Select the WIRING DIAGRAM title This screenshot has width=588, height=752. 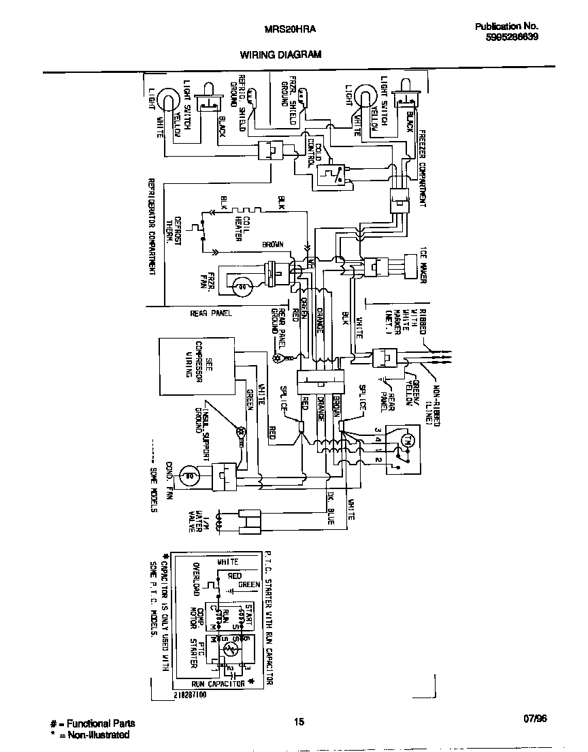point(280,54)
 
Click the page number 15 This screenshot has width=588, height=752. point(299,723)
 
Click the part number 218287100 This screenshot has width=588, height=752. point(190,695)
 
